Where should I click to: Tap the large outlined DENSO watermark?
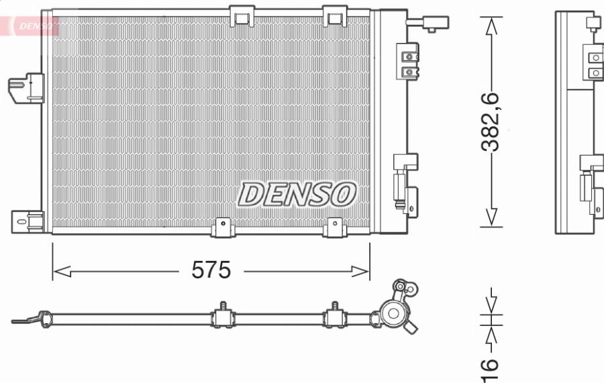click(x=295, y=194)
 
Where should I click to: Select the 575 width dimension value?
click(x=211, y=270)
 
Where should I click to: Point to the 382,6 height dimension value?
click(x=493, y=123)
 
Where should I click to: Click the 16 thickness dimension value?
click(x=491, y=365)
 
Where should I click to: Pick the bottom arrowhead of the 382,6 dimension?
click(x=493, y=217)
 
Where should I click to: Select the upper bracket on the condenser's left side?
click(x=26, y=89)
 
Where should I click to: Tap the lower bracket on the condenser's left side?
click(x=27, y=221)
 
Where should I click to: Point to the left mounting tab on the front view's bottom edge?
click(x=222, y=228)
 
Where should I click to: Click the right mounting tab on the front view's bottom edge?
click(x=334, y=228)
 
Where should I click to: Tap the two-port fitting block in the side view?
click(x=594, y=65)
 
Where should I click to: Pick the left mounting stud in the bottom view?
click(x=221, y=315)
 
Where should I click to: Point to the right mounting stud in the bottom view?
click(x=333, y=315)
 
